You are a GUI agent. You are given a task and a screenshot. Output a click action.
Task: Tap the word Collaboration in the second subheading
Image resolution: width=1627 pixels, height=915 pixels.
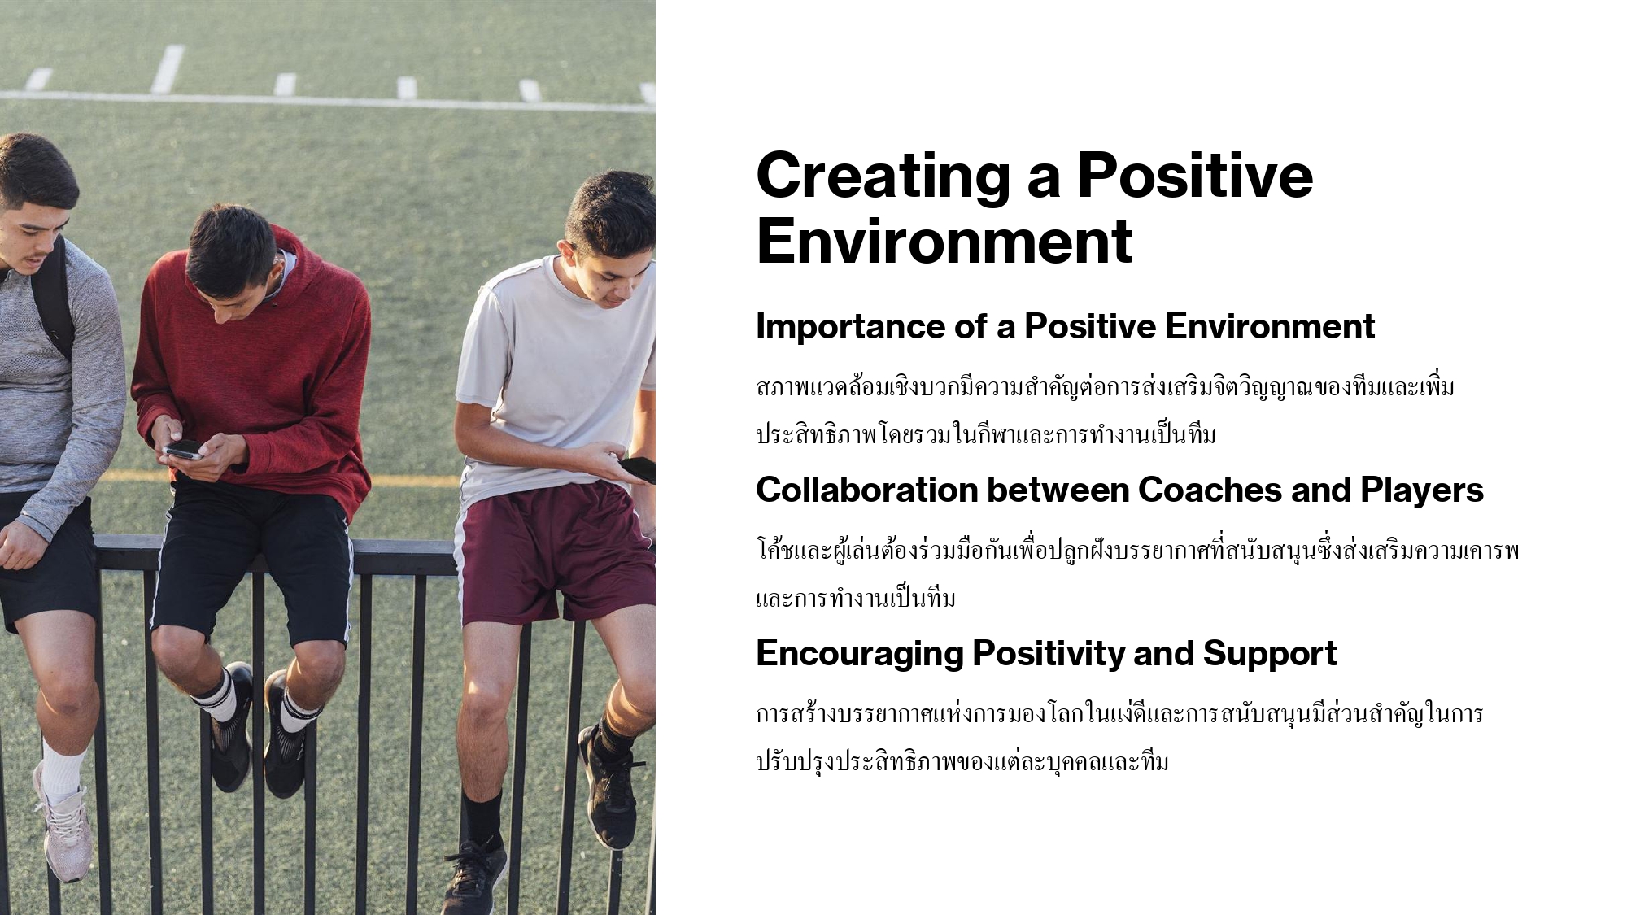(866, 490)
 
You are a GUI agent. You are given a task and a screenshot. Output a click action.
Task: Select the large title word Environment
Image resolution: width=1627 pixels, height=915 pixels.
(944, 241)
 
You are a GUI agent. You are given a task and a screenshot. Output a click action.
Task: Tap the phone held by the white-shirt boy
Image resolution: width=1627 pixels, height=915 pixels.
(638, 469)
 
